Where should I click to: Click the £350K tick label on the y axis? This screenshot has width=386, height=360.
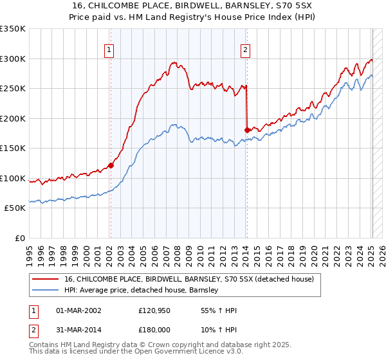pyautogui.click(x=13, y=29)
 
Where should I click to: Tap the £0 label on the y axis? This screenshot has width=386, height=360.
pyautogui.click(x=20, y=238)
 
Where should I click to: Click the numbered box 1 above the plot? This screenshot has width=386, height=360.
pyautogui.click(x=109, y=49)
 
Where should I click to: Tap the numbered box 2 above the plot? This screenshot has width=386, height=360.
pyautogui.click(x=246, y=49)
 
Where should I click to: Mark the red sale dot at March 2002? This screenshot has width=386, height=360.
pyautogui.click(x=111, y=165)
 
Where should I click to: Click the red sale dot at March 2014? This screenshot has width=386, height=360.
pyautogui.click(x=247, y=130)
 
